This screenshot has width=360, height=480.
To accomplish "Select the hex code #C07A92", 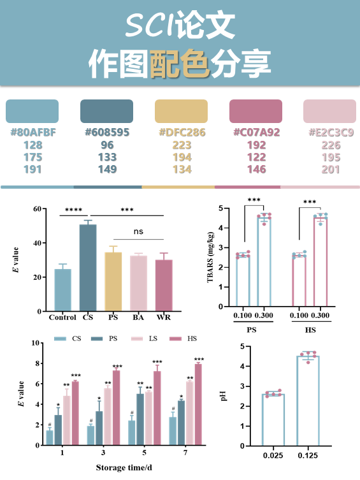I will pyautogui.click(x=256, y=133).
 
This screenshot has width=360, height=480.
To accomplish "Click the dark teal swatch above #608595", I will pyautogui.click(x=106, y=112).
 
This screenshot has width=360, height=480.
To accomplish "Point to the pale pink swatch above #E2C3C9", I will pyautogui.click(x=328, y=112).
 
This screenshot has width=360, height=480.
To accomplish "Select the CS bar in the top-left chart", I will pyautogui.click(x=88, y=268).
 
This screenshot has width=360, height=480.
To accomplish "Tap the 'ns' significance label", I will pyautogui.click(x=138, y=232).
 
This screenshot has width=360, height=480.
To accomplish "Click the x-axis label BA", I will pyautogui.click(x=138, y=317).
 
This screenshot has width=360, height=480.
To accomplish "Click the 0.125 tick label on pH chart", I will pyautogui.click(x=308, y=456).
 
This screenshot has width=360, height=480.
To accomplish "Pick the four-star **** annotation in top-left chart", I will pyautogui.click(x=73, y=210).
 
